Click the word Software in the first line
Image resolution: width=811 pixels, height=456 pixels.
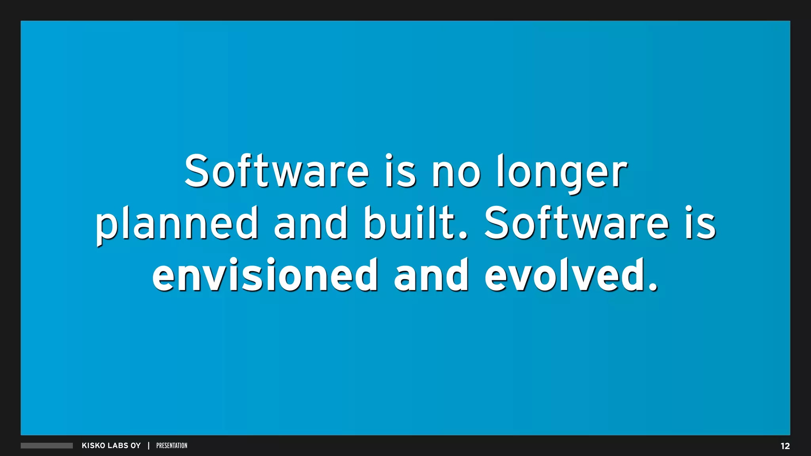[276, 171]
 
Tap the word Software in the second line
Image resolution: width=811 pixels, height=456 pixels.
[576, 223]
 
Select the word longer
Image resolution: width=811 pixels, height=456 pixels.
[562, 173]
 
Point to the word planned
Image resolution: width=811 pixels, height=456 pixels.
[177, 224]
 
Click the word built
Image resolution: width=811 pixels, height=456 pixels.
[415, 223]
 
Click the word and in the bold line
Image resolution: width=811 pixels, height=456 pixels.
[431, 275]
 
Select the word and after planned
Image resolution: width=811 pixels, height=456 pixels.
[310, 223]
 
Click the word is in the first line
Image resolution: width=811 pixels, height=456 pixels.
[400, 171]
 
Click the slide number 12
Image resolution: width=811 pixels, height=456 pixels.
[785, 446]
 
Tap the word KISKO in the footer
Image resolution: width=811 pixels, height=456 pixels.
[93, 446]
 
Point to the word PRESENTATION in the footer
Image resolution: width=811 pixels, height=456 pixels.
[172, 446]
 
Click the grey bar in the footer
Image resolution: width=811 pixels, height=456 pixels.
[47, 446]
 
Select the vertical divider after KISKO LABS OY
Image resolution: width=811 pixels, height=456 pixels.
[148, 446]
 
